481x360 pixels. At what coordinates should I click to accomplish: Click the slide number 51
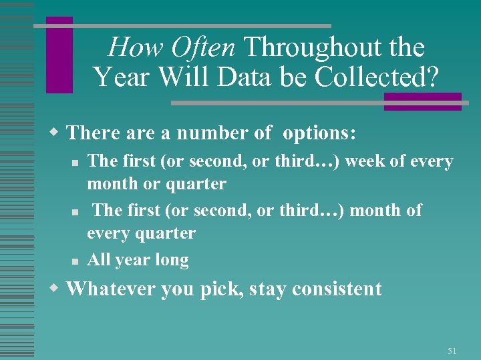point(452,351)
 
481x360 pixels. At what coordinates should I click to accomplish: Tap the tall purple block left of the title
point(59,55)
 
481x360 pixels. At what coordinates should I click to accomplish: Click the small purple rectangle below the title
point(422,101)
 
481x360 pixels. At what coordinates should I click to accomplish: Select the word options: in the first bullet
point(319,133)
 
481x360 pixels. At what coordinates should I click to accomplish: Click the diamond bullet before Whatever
point(56,288)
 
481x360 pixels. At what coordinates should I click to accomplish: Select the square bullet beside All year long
point(77,261)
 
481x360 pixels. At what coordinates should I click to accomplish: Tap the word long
point(172,260)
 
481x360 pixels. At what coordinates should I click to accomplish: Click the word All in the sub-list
point(99,259)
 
